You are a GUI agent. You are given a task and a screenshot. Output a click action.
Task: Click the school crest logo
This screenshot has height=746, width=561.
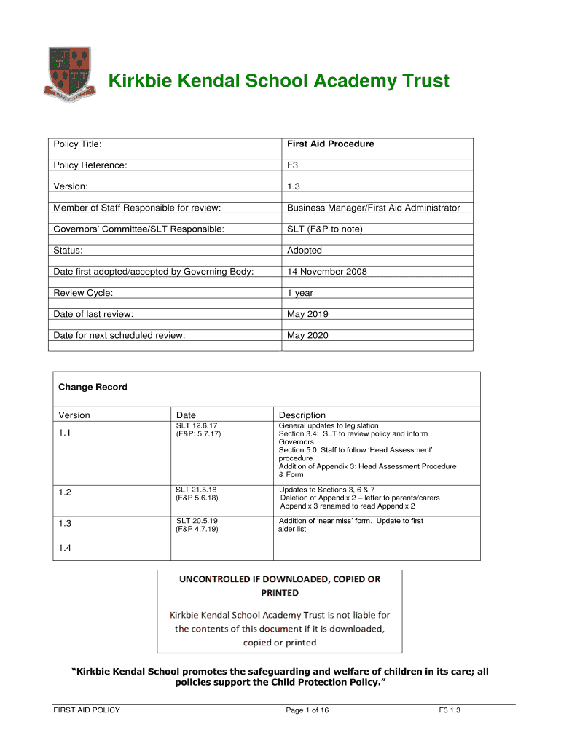pos(70,74)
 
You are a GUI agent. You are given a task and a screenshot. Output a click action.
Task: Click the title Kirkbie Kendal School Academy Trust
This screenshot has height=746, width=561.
pos(279,81)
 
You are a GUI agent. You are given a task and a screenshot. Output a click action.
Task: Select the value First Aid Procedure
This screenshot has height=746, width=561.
pos(330,144)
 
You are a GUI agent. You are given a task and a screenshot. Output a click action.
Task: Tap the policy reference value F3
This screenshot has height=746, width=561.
pos(293,165)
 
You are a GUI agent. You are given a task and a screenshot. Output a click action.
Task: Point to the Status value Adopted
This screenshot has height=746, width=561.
pos(304,250)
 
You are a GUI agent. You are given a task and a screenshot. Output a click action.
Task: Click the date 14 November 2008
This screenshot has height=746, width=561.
pos(326,272)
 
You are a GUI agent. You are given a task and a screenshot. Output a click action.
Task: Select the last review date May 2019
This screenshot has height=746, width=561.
pos(307,314)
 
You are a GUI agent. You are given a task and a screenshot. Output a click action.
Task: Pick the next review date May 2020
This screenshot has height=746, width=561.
pos(307,335)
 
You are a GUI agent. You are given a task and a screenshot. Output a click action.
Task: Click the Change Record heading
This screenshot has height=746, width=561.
pos(93,387)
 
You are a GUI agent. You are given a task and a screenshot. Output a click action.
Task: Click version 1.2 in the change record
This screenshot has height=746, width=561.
pos(66,492)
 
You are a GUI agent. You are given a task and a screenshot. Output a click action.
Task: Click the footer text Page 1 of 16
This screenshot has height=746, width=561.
pos(307,710)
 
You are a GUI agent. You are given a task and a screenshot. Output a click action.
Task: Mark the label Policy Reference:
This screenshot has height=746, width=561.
pos(90,165)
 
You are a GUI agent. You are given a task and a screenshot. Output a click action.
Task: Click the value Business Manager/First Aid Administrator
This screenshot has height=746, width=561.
pos(373,208)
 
